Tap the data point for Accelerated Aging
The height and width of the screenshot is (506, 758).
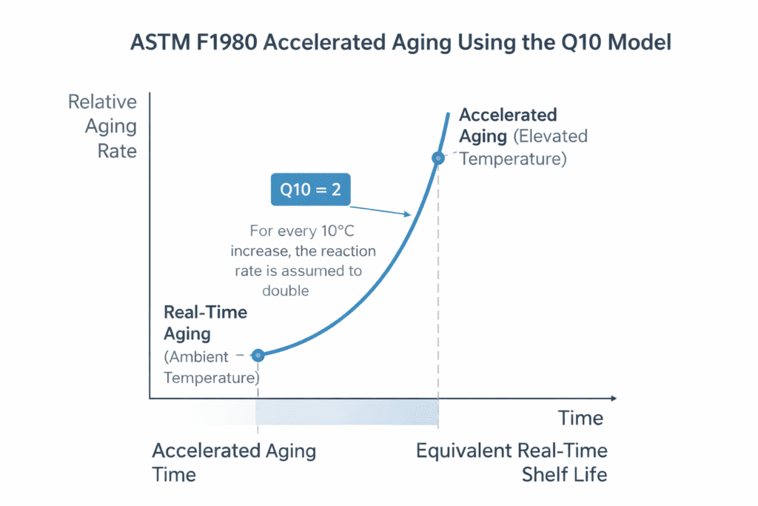click(x=438, y=158)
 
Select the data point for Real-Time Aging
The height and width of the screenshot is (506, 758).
click(x=258, y=355)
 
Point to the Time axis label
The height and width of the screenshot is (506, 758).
click(x=581, y=418)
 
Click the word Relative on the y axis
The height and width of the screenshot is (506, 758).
click(x=103, y=102)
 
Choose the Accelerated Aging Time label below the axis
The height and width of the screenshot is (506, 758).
click(x=233, y=462)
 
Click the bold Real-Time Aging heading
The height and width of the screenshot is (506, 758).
click(x=205, y=323)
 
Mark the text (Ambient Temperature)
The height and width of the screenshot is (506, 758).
click(x=210, y=367)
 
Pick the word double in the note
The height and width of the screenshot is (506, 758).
click(x=284, y=290)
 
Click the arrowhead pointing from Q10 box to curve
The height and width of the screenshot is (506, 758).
click(x=408, y=216)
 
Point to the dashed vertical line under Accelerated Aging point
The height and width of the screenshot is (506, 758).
click(x=438, y=296)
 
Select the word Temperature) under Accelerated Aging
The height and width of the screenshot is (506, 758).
click(x=513, y=159)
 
